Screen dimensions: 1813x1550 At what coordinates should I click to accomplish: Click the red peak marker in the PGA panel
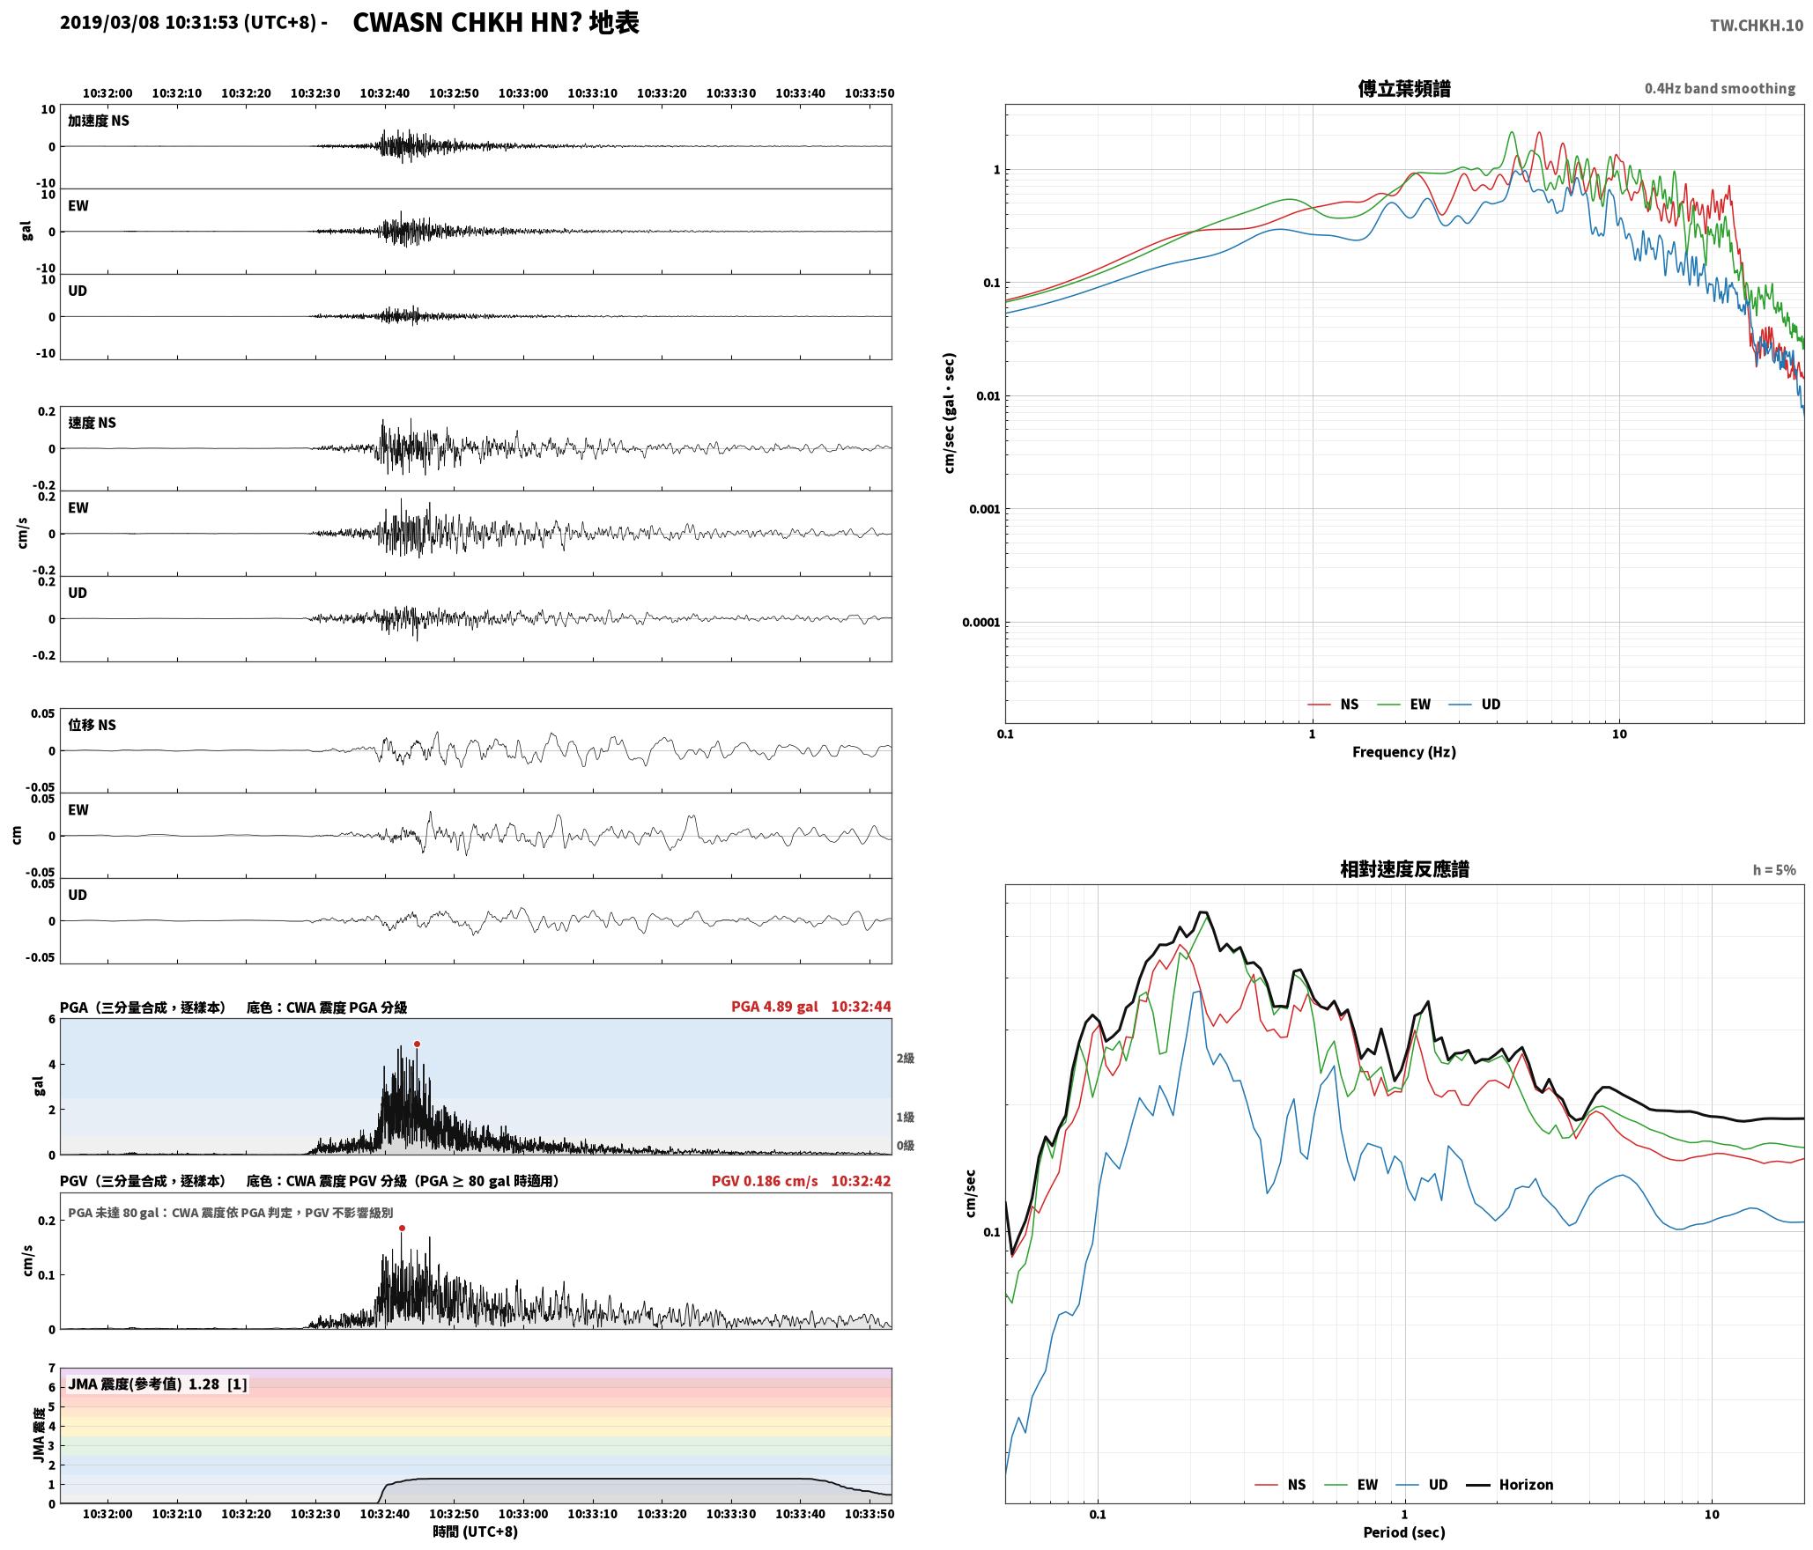pyautogui.click(x=417, y=1044)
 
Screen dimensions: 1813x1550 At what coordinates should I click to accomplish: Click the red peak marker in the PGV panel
pyautogui.click(x=402, y=1228)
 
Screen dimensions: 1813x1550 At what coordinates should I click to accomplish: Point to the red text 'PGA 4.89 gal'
pyautogui.click(x=774, y=1007)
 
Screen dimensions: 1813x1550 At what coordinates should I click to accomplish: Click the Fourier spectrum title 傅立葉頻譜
pyautogui.click(x=1404, y=88)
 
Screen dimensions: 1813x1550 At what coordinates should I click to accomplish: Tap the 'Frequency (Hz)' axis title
pyautogui.click(x=1404, y=751)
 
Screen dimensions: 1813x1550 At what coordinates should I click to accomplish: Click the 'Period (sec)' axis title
pyautogui.click(x=1404, y=1532)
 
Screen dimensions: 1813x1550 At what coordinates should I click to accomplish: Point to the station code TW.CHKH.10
pyautogui.click(x=1757, y=26)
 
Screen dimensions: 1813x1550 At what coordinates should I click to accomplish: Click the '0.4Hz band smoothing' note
pyautogui.click(x=1720, y=88)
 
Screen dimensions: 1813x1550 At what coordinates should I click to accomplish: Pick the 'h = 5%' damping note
pyautogui.click(x=1774, y=870)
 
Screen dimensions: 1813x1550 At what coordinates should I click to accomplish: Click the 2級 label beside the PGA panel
pyautogui.click(x=905, y=1058)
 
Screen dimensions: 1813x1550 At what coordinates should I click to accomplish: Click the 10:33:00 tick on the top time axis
pyautogui.click(x=523, y=93)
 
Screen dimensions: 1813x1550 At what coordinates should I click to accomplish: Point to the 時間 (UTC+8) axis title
pyautogui.click(x=476, y=1532)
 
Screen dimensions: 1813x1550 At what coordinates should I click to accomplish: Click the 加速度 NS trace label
pyautogui.click(x=99, y=121)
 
